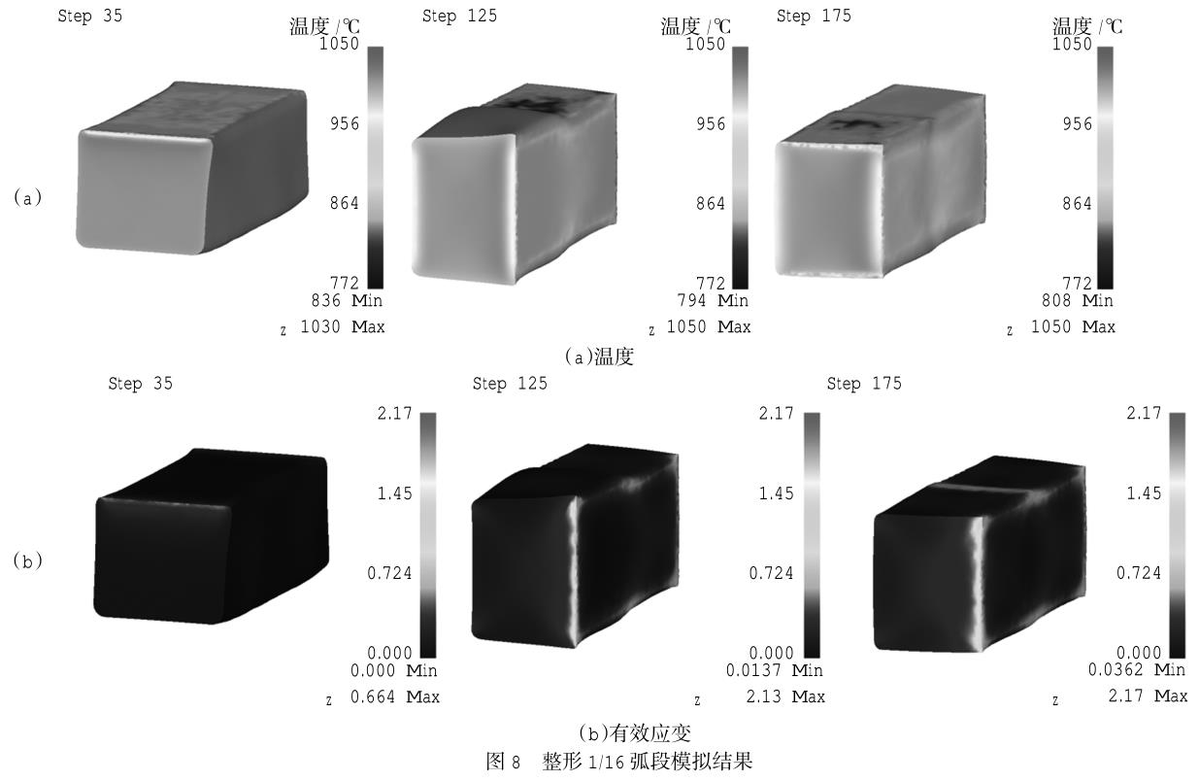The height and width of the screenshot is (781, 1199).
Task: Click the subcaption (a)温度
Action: [x=599, y=357]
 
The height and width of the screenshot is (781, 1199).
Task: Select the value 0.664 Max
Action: [x=396, y=696]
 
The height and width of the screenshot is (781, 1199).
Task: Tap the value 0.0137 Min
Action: [x=774, y=670]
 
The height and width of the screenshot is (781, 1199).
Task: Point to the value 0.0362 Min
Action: [x=1137, y=670]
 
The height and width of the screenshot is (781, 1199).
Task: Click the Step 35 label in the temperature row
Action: [x=90, y=17]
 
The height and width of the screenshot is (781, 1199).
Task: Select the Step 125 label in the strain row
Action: [x=510, y=384]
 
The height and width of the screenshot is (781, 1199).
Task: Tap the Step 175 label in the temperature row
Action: [x=813, y=17]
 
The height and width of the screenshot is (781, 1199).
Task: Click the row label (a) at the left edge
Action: [x=27, y=197]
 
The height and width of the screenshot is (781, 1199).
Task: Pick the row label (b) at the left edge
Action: [x=27, y=560]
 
